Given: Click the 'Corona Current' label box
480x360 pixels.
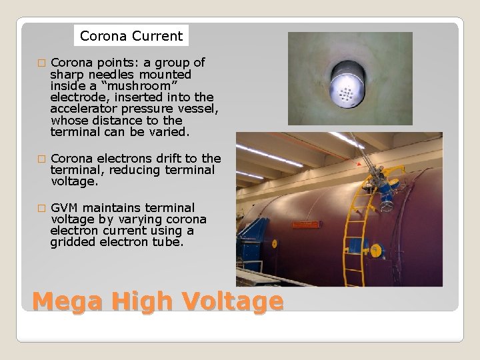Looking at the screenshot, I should pyautogui.click(x=131, y=36).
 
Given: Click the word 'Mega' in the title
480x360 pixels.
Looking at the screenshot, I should pyautogui.click(x=64, y=301).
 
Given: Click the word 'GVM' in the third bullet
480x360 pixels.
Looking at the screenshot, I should pyautogui.click(x=64, y=208).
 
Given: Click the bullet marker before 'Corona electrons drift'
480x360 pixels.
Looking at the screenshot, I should pyautogui.click(x=41, y=159).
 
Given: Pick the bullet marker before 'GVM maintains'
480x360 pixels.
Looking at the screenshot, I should pyautogui.click(x=41, y=208).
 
